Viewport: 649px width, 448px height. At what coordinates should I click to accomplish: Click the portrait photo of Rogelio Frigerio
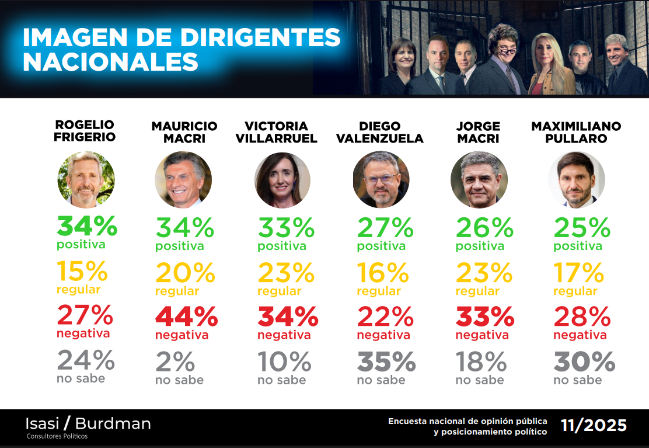[86, 179]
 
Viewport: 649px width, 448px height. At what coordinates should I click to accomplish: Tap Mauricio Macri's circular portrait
[183, 180]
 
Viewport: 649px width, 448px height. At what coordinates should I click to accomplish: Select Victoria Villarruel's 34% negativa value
[288, 317]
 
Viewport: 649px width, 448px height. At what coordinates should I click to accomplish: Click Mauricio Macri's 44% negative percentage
[186, 317]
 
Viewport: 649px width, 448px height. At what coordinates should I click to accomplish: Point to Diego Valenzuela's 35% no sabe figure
[386, 362]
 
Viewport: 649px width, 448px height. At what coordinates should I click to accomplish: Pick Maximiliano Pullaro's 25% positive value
[582, 227]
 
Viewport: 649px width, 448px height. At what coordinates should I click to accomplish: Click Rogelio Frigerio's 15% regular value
[82, 271]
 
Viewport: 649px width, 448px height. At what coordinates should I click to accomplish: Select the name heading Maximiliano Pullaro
[575, 132]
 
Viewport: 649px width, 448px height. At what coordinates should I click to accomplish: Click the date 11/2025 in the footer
[594, 425]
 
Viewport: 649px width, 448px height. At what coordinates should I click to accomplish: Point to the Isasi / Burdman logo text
[88, 423]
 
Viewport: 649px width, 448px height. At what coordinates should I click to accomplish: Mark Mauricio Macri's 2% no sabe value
[175, 362]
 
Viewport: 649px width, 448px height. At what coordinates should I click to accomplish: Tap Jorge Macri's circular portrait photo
[479, 180]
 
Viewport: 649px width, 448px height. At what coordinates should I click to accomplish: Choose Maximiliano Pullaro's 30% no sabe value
[584, 362]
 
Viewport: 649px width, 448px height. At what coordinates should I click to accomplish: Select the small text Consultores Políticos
[57, 436]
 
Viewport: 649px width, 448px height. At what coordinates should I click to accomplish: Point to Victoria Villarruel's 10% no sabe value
[284, 362]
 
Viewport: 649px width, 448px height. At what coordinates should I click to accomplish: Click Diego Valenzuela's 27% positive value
[385, 227]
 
